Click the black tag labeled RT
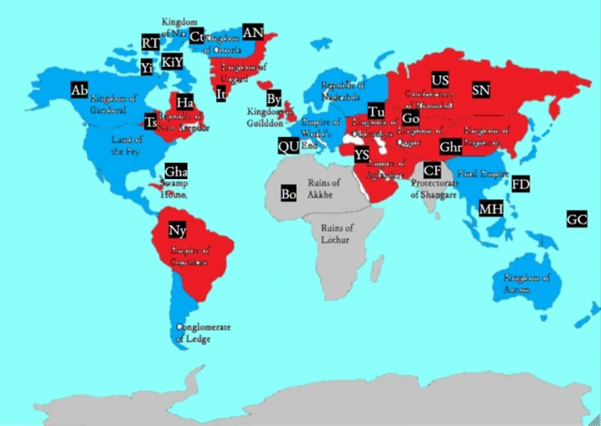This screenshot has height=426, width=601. [x=150, y=43]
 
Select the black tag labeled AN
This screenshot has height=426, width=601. [x=253, y=33]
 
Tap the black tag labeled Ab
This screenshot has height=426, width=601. [x=79, y=90]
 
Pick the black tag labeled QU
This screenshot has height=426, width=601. [x=288, y=146]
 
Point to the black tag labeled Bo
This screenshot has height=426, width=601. [x=288, y=193]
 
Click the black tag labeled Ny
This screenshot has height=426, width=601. [x=178, y=230]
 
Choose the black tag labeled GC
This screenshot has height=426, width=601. [x=577, y=220]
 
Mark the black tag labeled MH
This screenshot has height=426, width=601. [x=490, y=209]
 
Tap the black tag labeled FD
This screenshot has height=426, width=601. [x=521, y=184]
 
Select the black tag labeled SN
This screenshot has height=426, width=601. [x=481, y=90]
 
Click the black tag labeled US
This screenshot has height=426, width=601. [x=440, y=79]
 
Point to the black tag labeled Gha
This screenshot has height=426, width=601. [x=176, y=172]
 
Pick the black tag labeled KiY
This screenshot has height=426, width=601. [x=172, y=62]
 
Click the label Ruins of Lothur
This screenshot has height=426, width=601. [x=337, y=233]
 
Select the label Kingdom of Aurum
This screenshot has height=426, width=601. [x=527, y=283]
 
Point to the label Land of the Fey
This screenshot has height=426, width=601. [x=127, y=145]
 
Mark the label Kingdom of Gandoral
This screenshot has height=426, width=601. [x=113, y=104]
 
